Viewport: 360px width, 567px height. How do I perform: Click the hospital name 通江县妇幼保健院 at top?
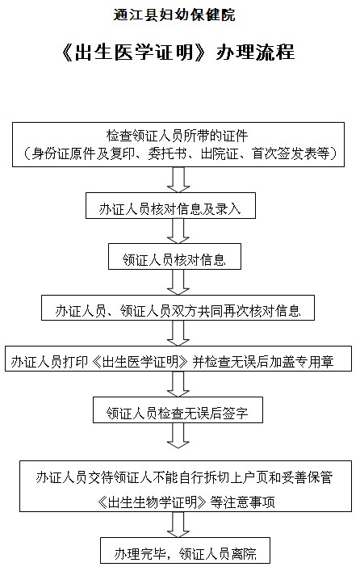coord(174,15)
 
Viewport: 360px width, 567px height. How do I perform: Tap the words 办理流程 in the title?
coord(255,52)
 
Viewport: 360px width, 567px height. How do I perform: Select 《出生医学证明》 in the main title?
coord(134,52)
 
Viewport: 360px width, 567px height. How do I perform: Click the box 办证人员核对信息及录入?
coord(170,205)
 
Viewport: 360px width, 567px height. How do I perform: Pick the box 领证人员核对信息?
coord(174,256)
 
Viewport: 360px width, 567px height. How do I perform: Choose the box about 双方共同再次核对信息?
coord(178,308)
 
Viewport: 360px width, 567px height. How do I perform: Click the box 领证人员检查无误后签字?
coord(178,409)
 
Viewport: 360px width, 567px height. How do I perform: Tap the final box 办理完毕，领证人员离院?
coord(185,552)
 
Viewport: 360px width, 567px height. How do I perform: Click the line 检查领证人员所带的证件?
coord(177,136)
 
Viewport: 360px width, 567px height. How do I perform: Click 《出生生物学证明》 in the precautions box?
coord(153,502)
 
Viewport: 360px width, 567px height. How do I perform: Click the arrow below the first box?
coord(178,179)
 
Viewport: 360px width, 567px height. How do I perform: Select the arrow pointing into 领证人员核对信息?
coord(178,231)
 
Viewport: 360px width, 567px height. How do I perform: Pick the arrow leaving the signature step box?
coord(178,435)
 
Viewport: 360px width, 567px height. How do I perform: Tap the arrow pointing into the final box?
coord(178,525)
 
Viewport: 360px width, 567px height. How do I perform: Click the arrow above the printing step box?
coord(178,333)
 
